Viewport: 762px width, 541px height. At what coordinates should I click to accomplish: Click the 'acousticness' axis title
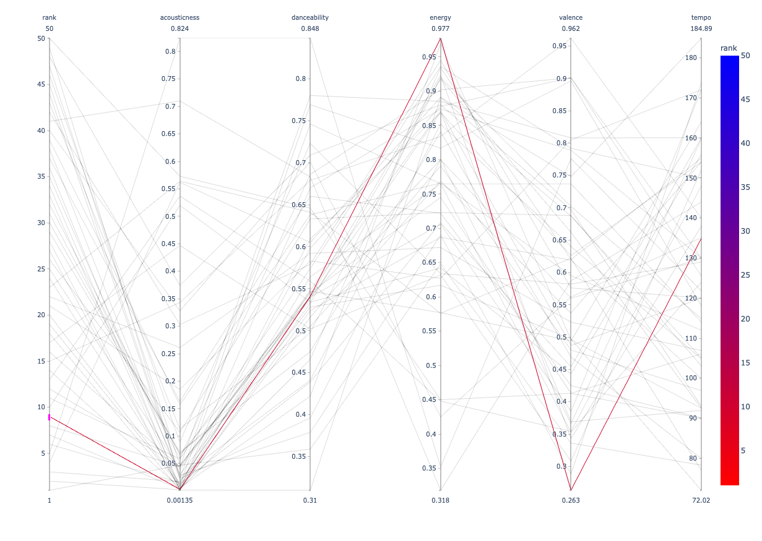click(x=180, y=17)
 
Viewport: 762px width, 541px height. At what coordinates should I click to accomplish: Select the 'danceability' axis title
click(x=310, y=17)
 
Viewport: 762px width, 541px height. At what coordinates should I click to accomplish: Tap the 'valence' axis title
click(x=571, y=17)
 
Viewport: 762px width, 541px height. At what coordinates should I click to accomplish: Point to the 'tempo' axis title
click(x=701, y=17)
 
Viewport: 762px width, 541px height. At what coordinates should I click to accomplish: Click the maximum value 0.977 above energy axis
click(x=440, y=28)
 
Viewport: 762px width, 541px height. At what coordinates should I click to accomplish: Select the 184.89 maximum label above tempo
click(x=701, y=28)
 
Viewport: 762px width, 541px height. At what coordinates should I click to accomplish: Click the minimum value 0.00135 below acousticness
click(x=180, y=500)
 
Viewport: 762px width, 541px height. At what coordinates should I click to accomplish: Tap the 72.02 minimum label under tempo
click(x=701, y=500)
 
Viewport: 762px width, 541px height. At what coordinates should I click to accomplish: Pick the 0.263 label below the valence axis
click(x=571, y=500)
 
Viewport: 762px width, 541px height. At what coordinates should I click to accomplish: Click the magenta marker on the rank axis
click(x=50, y=417)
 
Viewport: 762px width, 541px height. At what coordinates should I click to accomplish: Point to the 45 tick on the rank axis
click(x=41, y=84)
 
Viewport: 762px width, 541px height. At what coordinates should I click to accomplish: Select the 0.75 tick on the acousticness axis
click(x=168, y=79)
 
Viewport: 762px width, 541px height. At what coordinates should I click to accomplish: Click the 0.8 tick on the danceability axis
click(x=301, y=79)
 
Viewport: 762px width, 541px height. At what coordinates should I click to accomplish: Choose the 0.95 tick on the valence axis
click(x=560, y=46)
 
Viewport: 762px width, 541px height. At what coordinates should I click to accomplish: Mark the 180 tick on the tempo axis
click(x=691, y=58)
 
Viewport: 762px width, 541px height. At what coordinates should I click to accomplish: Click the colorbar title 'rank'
click(x=729, y=48)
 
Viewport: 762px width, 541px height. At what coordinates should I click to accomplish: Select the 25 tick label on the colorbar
click(x=745, y=275)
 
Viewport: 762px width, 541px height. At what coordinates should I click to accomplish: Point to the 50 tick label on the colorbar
click(x=745, y=56)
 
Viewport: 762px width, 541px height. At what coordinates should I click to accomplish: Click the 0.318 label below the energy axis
click(x=440, y=500)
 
